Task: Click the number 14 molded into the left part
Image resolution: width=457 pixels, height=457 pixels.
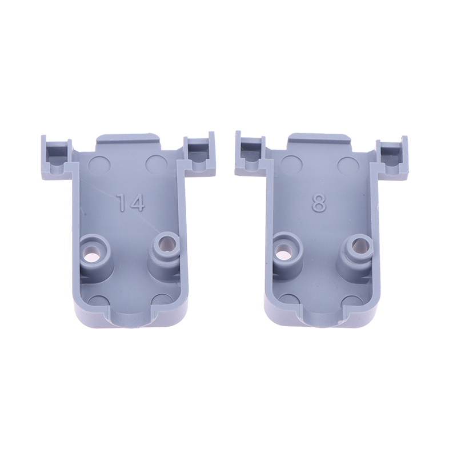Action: [130, 203]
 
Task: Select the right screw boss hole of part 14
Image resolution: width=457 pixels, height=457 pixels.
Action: [165, 243]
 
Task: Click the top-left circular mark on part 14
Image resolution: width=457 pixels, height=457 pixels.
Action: [99, 164]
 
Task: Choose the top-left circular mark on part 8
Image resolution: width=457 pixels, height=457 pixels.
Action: [291, 164]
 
